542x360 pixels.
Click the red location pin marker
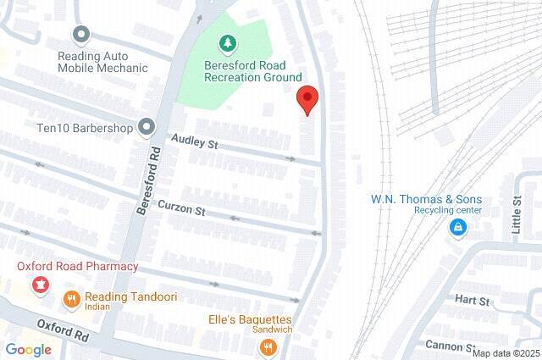(307, 98)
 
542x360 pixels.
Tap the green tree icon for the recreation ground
(227, 42)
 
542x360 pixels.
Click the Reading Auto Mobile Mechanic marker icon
(81, 35)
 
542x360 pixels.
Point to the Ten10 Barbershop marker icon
(147, 128)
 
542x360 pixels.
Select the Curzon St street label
(187, 208)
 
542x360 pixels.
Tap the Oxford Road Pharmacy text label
(78, 267)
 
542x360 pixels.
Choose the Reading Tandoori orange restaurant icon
(71, 298)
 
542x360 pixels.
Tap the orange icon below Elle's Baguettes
(268, 346)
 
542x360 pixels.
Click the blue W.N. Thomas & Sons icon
(457, 227)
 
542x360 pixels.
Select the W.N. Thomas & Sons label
(427, 199)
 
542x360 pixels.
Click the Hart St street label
(473, 301)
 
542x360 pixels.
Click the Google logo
(28, 349)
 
